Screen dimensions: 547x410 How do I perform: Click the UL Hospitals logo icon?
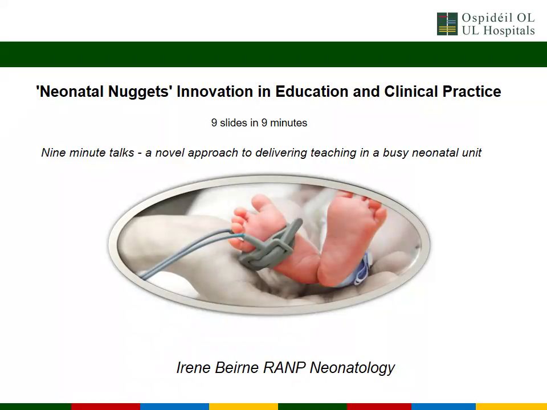pos(447,24)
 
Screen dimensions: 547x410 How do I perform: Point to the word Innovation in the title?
pos(215,91)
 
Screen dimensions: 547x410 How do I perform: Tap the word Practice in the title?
pos(472,91)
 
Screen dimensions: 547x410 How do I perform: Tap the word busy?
pos(395,153)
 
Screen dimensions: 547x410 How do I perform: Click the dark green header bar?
pos(273,55)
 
